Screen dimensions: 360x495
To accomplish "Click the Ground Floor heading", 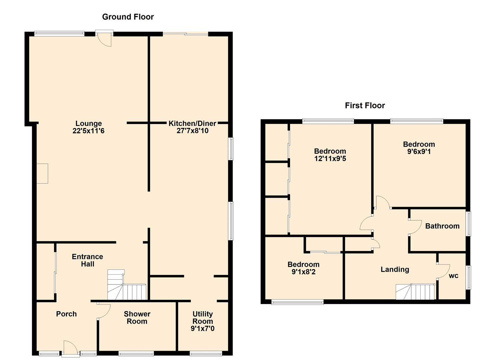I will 128,17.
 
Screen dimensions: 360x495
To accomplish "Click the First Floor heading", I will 365,105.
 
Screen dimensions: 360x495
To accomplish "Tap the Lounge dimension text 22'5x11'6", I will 88,131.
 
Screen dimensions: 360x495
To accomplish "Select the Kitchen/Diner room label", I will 192,123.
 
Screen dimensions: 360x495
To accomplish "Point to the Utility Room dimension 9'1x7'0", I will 202,329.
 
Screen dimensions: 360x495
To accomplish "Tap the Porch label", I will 66,314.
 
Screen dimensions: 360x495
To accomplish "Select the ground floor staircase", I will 127,287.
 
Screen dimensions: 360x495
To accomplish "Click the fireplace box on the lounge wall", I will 42,173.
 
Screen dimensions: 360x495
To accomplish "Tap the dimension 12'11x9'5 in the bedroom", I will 330,159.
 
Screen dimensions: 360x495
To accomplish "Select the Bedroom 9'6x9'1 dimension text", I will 419,152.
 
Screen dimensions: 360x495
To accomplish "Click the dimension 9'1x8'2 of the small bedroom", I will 303,272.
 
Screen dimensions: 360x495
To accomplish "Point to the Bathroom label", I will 442,226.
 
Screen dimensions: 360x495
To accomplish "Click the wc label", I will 453,276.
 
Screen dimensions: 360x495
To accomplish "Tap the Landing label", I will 395,269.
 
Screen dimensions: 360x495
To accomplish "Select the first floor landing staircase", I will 415,292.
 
